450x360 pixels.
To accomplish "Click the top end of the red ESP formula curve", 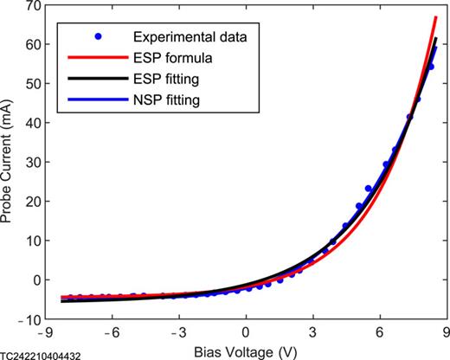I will [x=436, y=17].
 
